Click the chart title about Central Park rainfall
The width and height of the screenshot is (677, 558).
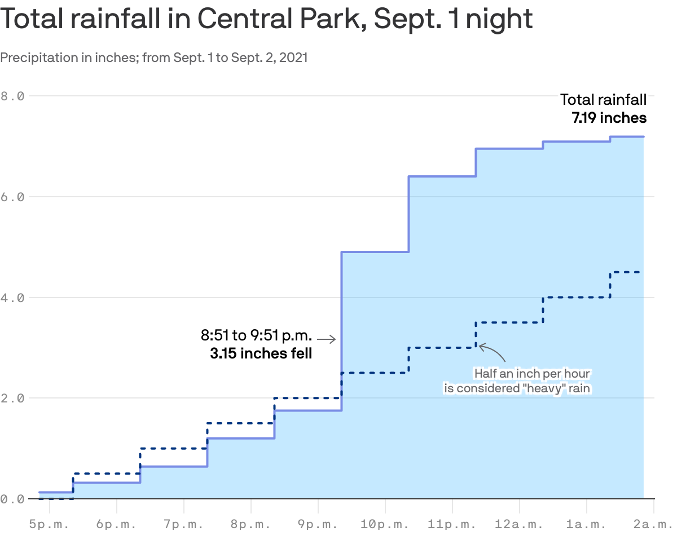click(x=266, y=19)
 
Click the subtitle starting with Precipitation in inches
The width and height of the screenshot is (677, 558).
click(x=154, y=57)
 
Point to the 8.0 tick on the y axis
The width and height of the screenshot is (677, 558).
click(x=12, y=96)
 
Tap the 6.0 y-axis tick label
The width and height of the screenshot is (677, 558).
click(x=12, y=197)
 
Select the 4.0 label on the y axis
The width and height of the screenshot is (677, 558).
click(x=12, y=298)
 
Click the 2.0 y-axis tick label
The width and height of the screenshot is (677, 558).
click(x=12, y=398)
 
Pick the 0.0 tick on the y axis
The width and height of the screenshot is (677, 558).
click(x=12, y=499)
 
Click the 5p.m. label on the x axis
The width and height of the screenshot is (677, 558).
click(x=49, y=524)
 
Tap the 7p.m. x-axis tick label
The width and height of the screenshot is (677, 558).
click(x=183, y=524)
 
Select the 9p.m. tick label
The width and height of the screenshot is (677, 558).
click(x=318, y=524)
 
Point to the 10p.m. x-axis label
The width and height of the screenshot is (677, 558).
click(x=385, y=524)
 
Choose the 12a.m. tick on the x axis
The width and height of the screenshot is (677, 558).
click(x=519, y=524)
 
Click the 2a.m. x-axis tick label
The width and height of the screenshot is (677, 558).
click(x=653, y=524)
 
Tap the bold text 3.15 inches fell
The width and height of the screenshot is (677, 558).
click(x=261, y=354)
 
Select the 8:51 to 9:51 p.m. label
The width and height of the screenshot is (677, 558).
click(x=256, y=336)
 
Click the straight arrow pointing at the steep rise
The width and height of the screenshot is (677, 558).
click(x=326, y=339)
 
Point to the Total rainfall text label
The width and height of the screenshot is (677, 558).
click(x=603, y=100)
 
